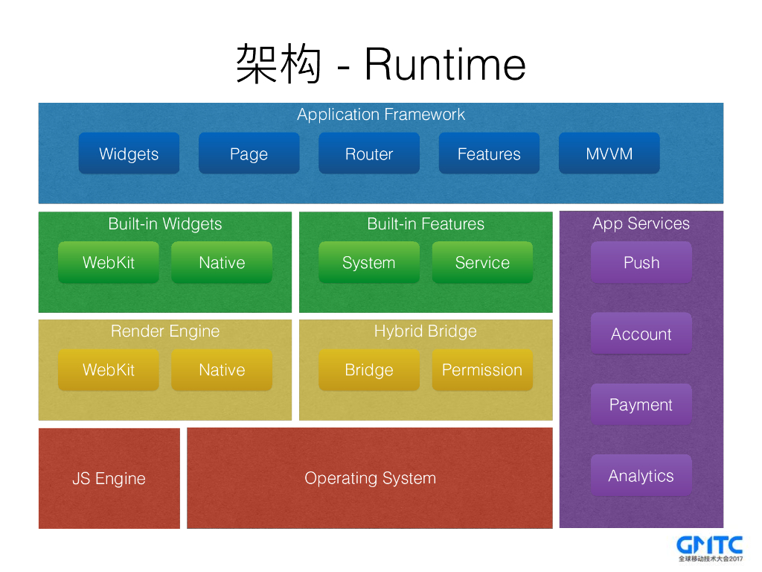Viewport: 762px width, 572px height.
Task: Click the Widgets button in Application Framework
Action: [x=129, y=153]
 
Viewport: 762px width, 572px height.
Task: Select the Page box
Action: [x=249, y=153]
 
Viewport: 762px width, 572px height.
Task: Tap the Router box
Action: [x=369, y=153]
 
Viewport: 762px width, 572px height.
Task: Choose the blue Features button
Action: [x=489, y=153]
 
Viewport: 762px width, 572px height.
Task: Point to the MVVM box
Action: [x=609, y=153]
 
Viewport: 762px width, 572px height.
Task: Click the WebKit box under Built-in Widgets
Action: [x=109, y=262]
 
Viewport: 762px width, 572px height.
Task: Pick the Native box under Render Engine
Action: [x=222, y=369]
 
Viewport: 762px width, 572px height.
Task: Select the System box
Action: [x=369, y=262]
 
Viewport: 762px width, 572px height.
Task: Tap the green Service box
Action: [x=482, y=262]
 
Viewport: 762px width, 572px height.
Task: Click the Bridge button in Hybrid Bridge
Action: [x=369, y=369]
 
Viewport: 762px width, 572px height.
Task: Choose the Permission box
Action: [x=482, y=369]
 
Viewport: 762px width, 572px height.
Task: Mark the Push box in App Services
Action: [x=641, y=262]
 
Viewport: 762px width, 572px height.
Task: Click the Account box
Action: [x=641, y=334]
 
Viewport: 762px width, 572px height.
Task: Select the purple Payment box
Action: [x=641, y=404]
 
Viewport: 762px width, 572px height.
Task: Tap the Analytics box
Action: [x=641, y=475]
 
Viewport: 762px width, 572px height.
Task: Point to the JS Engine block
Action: [x=109, y=478]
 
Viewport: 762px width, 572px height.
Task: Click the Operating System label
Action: [x=370, y=478]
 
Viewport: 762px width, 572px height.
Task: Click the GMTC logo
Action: [x=710, y=547]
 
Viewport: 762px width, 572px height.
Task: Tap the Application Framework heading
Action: [x=381, y=115]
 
